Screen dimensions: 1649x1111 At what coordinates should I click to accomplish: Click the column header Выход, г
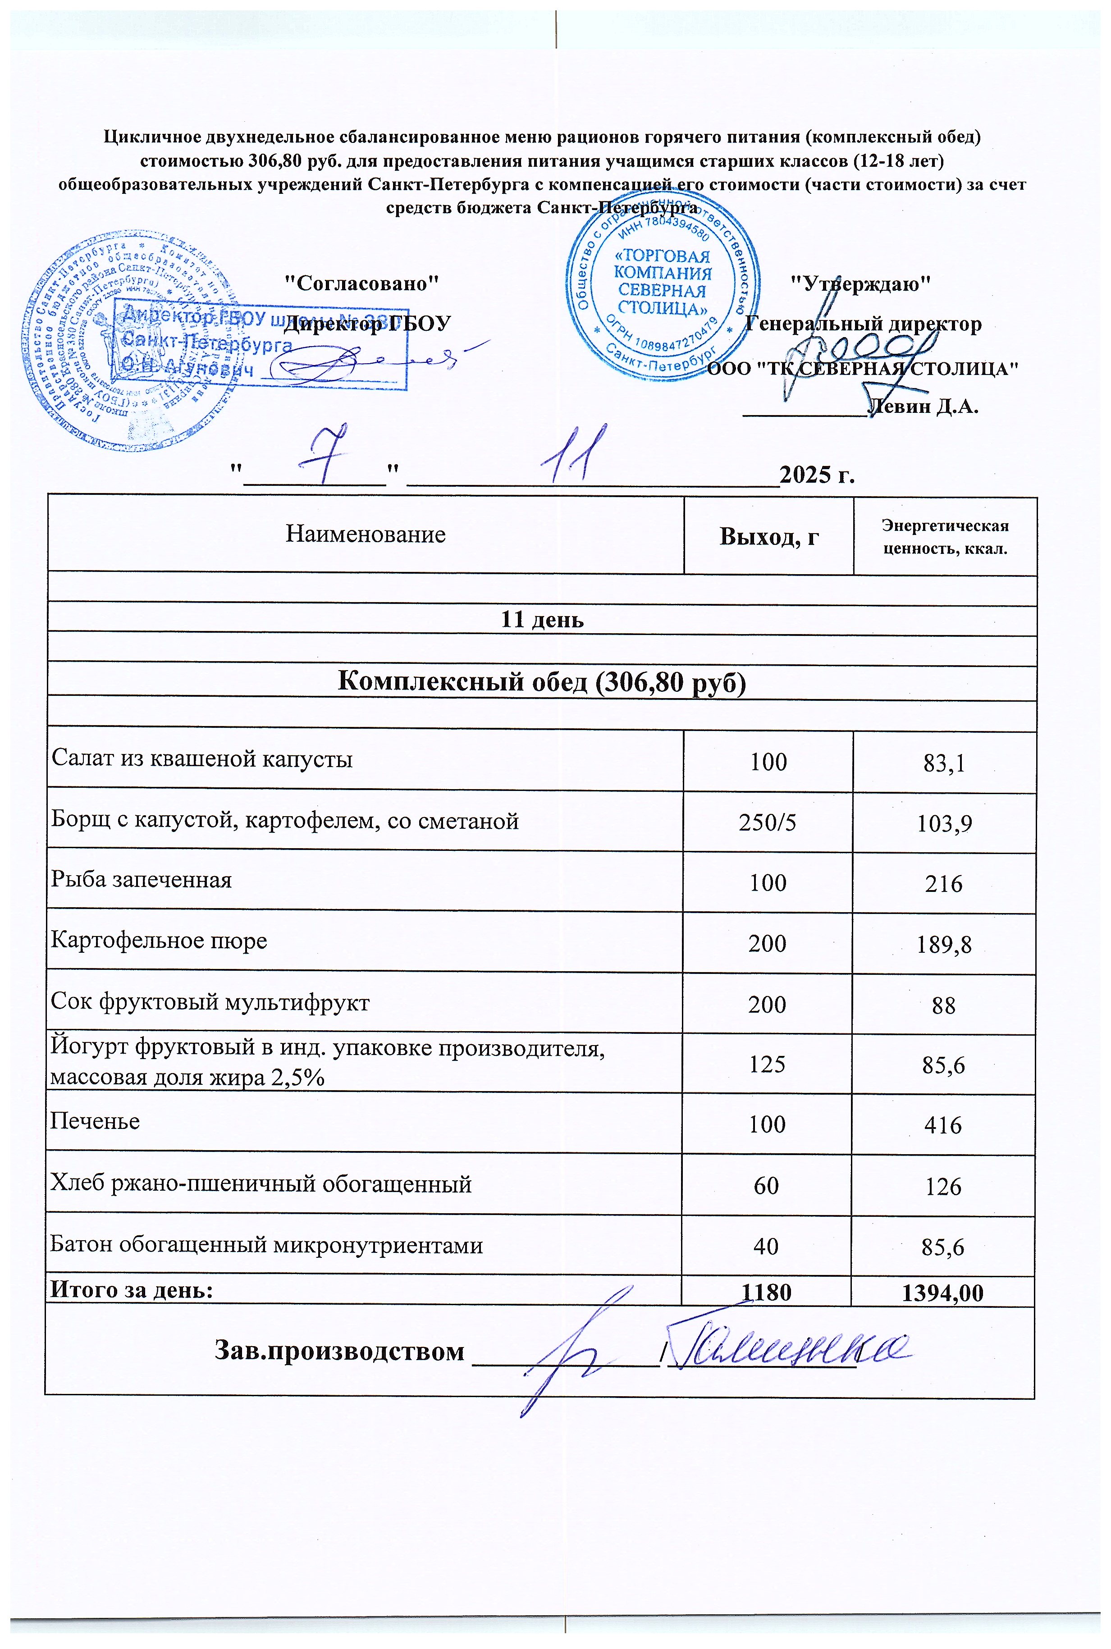click(769, 536)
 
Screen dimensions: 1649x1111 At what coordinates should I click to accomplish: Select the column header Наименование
click(366, 534)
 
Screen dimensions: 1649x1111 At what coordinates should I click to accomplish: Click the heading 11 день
click(542, 620)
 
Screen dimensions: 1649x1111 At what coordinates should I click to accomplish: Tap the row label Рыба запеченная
click(142, 880)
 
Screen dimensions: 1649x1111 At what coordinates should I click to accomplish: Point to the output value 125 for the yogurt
click(768, 1064)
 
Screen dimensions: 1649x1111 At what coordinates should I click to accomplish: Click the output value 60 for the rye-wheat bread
click(767, 1186)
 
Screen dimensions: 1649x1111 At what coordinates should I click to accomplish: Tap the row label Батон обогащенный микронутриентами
click(266, 1245)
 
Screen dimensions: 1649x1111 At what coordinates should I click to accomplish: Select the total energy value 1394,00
click(942, 1293)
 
